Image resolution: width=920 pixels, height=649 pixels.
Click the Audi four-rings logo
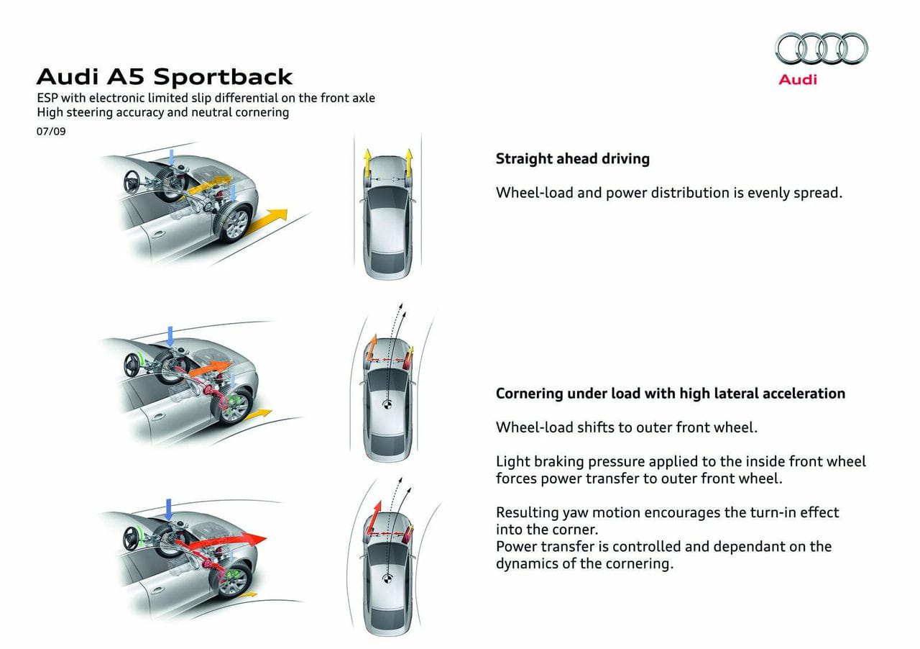click(821, 50)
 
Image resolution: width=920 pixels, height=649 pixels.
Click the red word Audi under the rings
click(798, 80)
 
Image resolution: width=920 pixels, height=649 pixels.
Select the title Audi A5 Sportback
click(165, 76)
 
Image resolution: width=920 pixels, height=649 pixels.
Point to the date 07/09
click(51, 132)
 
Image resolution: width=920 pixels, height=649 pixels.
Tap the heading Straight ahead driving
click(572, 159)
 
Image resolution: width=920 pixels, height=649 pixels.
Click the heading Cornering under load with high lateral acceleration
click(670, 394)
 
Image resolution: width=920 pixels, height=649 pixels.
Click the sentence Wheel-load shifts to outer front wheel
click(626, 427)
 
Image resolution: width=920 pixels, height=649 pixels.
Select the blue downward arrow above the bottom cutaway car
click(168, 509)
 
